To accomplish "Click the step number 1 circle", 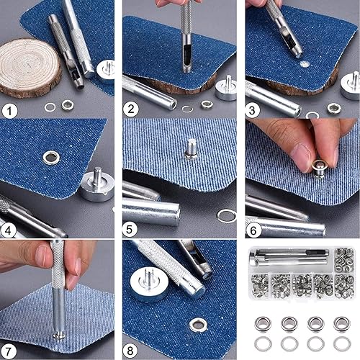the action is click(x=9, y=111).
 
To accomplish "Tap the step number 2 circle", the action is click(x=131, y=109).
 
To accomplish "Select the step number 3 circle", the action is click(x=252, y=110).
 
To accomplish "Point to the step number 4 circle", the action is click(x=8, y=230).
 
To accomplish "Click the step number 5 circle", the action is click(x=130, y=230).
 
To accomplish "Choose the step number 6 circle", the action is click(x=253, y=230).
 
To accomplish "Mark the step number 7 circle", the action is click(x=8, y=351).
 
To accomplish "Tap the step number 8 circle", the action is click(x=130, y=351).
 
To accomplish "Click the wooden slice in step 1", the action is click(x=30, y=68).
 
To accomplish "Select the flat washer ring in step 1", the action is click(x=50, y=107).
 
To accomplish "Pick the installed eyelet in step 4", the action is click(x=51, y=158).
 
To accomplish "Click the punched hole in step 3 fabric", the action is click(x=305, y=64).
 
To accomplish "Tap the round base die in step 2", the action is click(x=226, y=89).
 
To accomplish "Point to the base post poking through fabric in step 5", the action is click(x=192, y=149).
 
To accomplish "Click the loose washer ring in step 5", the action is click(x=227, y=215).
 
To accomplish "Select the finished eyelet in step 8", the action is click(x=199, y=325).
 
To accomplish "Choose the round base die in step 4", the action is click(x=96, y=185).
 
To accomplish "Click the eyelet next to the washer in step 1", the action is click(x=68, y=105).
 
